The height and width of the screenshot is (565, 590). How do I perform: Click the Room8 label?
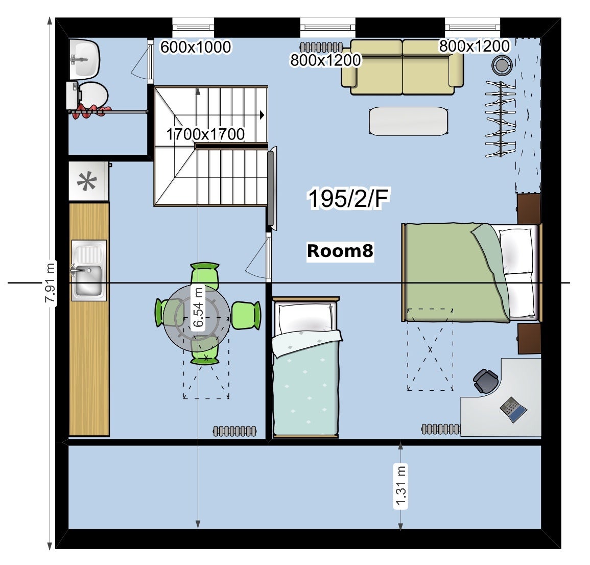coord(340,251)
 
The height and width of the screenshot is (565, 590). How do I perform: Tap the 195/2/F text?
coord(348,198)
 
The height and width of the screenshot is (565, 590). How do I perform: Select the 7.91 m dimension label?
coord(50,283)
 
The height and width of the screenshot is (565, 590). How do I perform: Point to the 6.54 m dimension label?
coord(198,307)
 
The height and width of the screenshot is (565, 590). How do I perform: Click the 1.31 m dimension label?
coord(400,486)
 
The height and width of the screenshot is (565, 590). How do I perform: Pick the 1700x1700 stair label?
coord(205,134)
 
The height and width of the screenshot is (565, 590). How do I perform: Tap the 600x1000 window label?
coord(196,47)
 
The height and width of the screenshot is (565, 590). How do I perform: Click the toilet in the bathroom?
coord(88,95)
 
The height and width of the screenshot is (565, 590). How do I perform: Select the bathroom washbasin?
coord(85,58)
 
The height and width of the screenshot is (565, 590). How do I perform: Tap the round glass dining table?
coord(197,318)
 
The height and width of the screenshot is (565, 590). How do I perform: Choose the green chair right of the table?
coord(246,315)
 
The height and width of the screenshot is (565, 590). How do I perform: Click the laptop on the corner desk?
coord(513,409)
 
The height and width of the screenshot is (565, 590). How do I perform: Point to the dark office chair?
coord(486,381)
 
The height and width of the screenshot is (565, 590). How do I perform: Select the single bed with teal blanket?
coord(306,367)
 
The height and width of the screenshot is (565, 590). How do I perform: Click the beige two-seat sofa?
coord(402,67)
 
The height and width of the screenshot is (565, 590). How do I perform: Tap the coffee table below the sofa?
coord(409,121)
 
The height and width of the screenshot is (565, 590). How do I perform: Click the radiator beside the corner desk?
coord(441,429)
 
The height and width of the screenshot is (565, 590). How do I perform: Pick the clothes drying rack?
coord(500,119)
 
